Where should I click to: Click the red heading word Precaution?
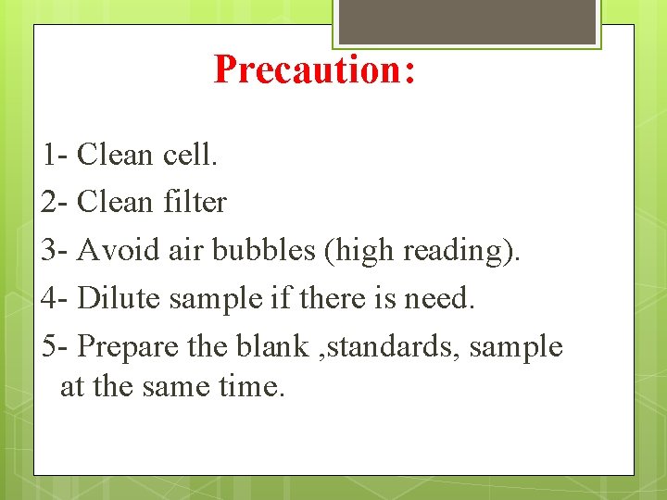tap(314, 69)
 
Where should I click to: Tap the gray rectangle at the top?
tap(467, 21)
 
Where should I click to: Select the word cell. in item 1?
tap(190, 155)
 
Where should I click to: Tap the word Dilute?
tap(116, 298)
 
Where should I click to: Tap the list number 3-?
tap(56, 250)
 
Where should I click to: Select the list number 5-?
tap(56, 346)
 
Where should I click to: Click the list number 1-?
tap(56, 155)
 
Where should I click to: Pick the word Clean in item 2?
tap(116, 202)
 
